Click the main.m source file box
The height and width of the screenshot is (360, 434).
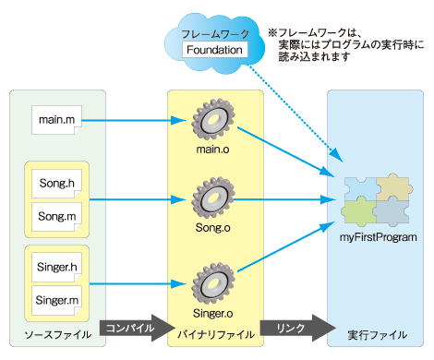tap(56, 120)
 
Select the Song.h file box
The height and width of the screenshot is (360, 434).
tap(56, 184)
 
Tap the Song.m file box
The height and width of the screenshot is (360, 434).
tap(56, 217)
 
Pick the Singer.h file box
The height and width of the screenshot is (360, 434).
tap(56, 267)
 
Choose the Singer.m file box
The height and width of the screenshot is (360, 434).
tap(56, 301)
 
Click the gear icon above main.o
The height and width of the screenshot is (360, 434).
tap(213, 119)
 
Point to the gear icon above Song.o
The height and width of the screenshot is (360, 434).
tap(213, 198)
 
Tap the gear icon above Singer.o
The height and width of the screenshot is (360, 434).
tap(213, 283)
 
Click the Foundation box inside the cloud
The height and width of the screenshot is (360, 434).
tap(215, 50)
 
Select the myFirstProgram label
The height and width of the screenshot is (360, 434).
tap(379, 237)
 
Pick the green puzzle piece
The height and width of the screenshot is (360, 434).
tap(359, 211)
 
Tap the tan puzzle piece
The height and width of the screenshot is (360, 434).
tap(394, 187)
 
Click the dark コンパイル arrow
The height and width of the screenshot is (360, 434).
tap(137, 328)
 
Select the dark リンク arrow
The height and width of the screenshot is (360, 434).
tap(297, 328)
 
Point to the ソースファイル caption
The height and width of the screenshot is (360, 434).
tap(58, 335)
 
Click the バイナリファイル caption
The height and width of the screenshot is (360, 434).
tap(216, 335)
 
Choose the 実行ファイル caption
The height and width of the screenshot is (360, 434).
tap(378, 335)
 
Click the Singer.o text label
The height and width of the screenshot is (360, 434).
tap(213, 313)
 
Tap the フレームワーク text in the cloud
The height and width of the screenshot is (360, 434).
tap(215, 34)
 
